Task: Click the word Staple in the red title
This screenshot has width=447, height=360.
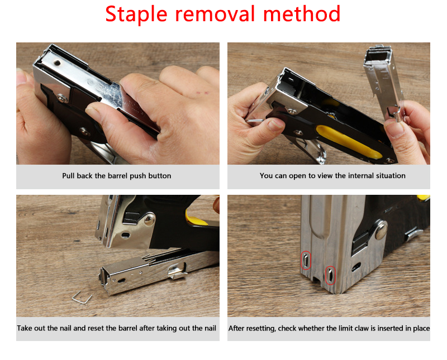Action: click(136, 15)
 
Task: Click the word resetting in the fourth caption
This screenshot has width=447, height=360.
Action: click(261, 328)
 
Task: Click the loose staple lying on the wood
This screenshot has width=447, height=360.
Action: click(82, 298)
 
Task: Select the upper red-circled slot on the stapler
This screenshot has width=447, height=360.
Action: click(306, 260)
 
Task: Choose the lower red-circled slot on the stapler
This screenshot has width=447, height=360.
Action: click(330, 275)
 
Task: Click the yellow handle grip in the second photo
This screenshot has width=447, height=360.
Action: click(348, 142)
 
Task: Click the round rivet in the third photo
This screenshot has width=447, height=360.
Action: click(150, 219)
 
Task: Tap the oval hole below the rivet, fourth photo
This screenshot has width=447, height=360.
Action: click(356, 267)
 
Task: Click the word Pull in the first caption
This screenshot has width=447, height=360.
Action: click(68, 176)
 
